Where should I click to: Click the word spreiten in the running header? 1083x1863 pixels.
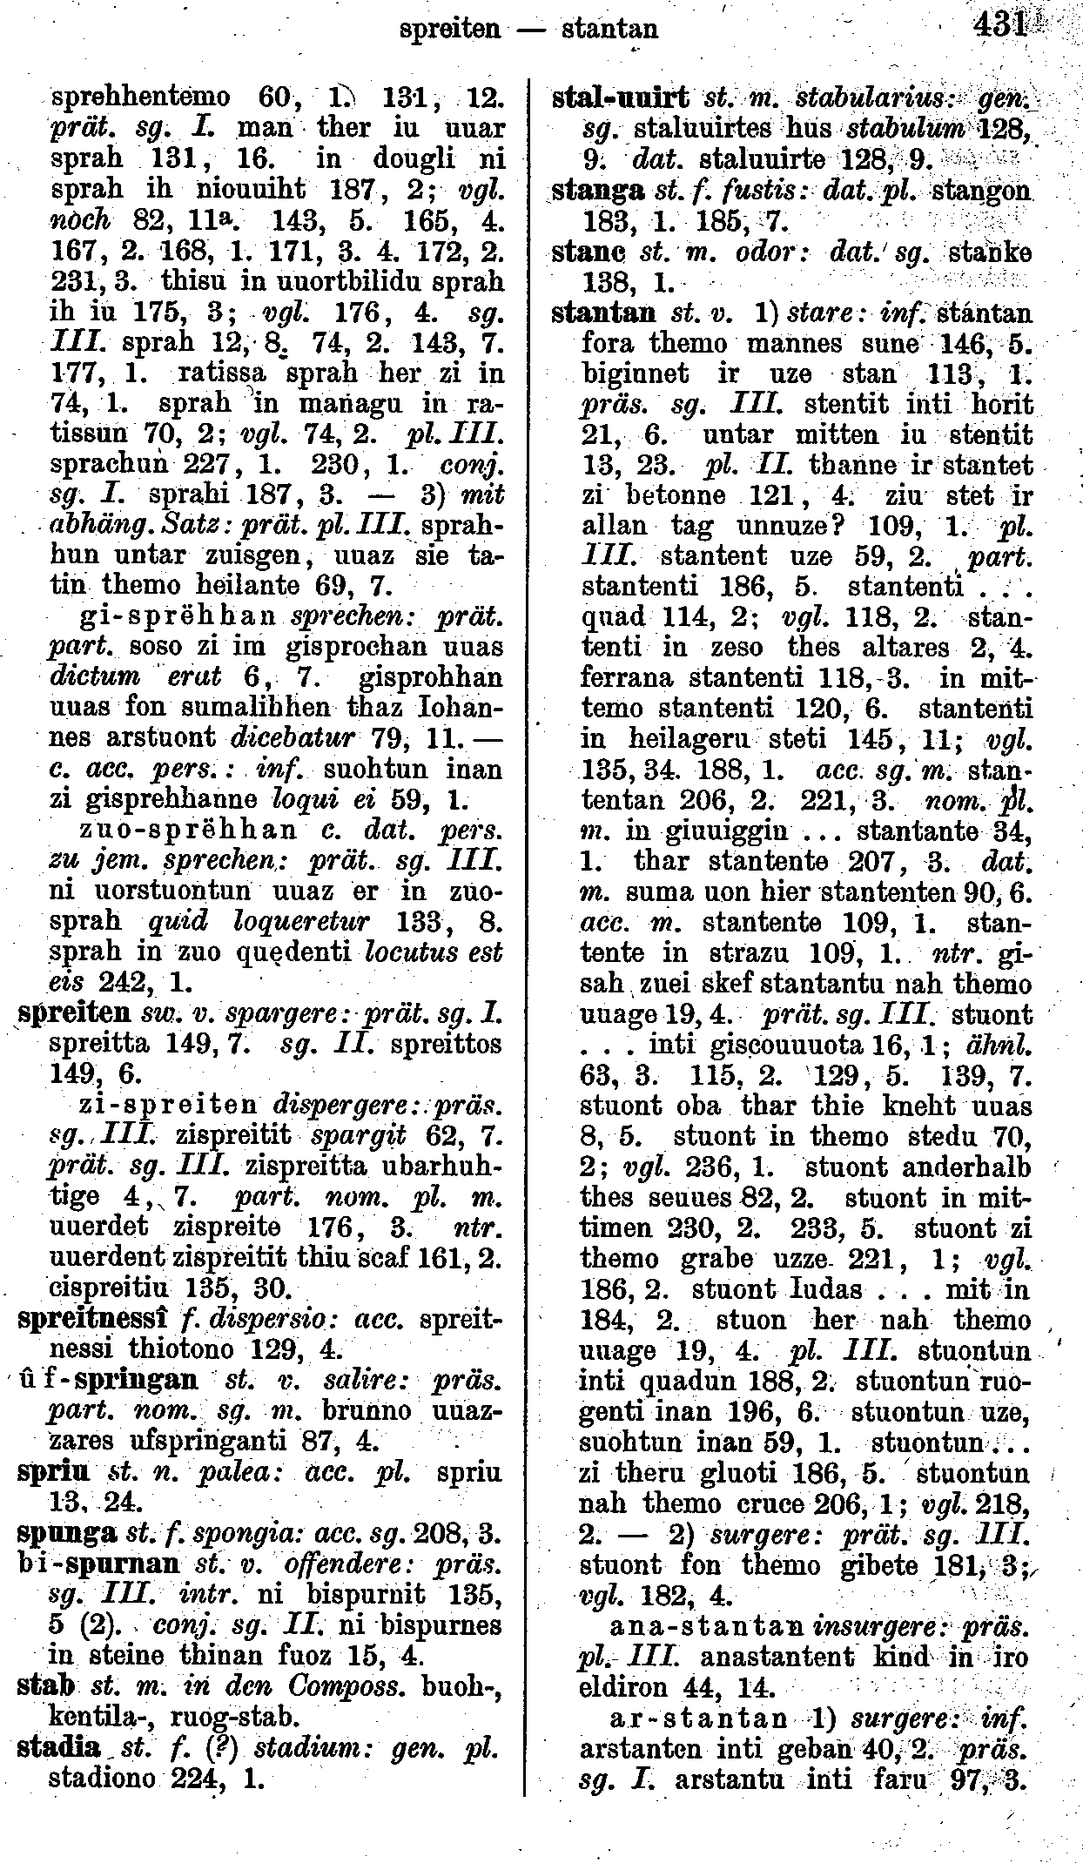pyautogui.click(x=448, y=29)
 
